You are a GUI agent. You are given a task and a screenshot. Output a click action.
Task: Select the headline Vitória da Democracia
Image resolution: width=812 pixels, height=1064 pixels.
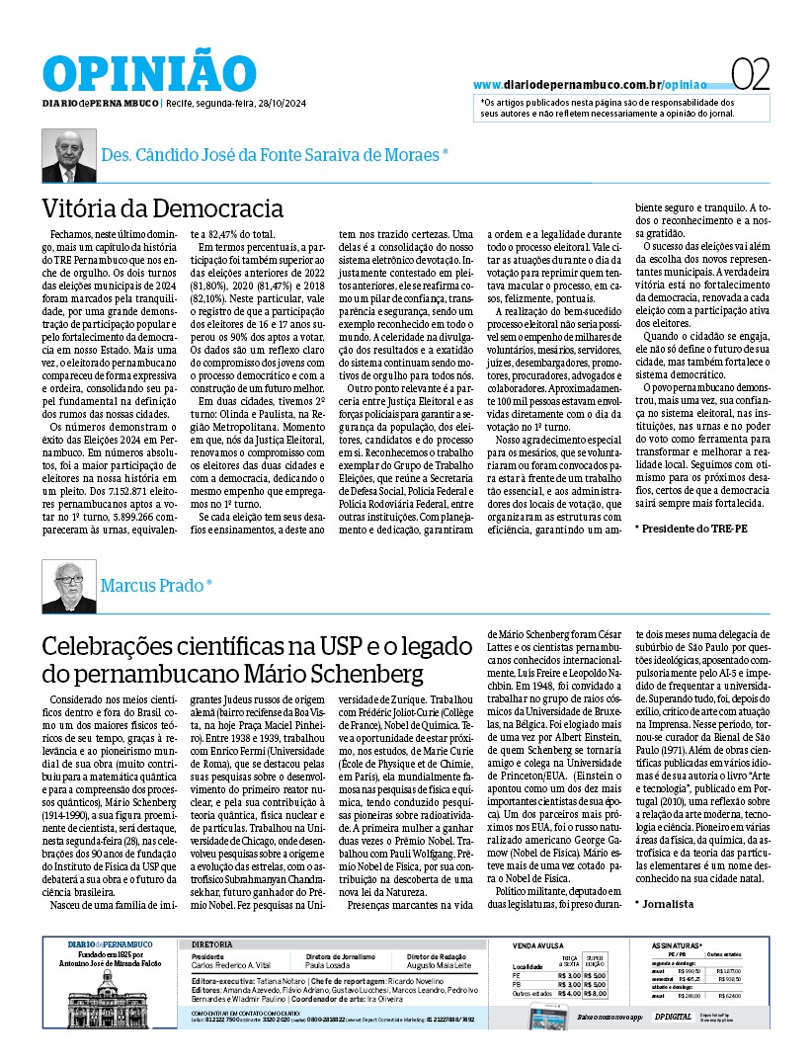162,209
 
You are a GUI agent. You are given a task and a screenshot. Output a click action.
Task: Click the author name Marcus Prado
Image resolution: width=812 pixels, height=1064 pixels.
156,585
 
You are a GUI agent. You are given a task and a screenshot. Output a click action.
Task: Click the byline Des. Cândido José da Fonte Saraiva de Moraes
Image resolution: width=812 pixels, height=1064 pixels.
275,154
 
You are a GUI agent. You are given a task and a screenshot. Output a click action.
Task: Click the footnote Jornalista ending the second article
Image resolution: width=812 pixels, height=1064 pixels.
666,903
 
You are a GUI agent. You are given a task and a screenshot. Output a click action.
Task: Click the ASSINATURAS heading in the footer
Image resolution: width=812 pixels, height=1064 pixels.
676,945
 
